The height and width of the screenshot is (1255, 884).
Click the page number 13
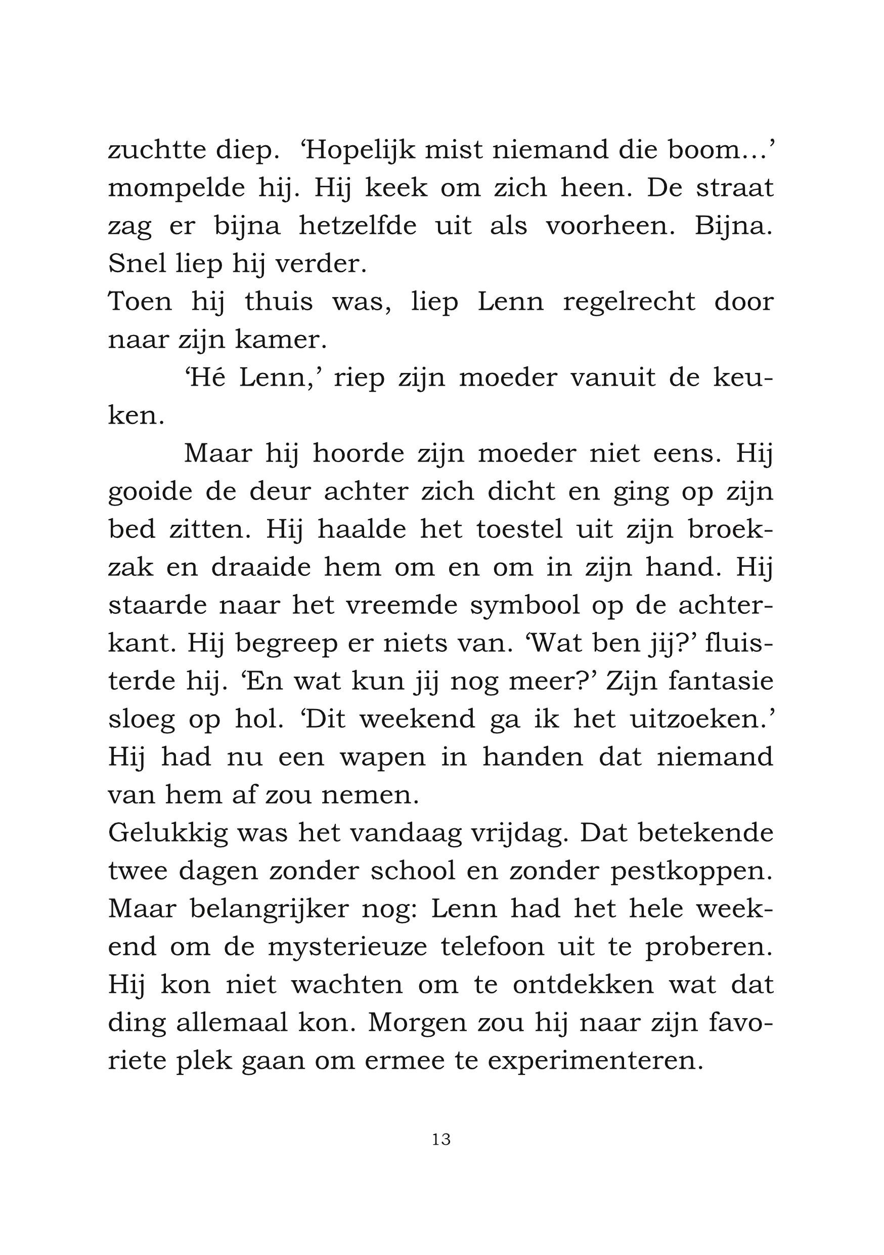(441, 1139)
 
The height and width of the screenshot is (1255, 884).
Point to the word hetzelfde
(358, 225)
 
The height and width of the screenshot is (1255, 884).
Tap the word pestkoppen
(691, 871)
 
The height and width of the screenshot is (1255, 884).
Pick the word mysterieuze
(347, 947)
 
